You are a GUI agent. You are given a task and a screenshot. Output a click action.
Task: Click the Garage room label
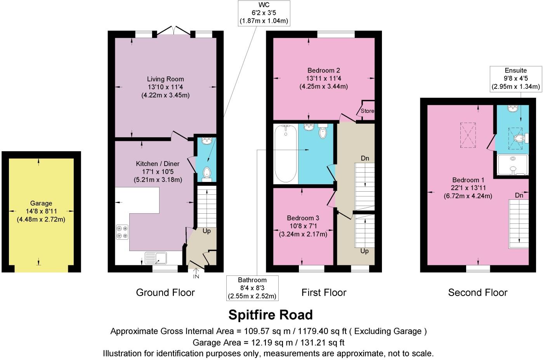pyautogui.click(x=41, y=203)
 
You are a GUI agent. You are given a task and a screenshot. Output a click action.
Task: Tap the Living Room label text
pyautogui.click(x=165, y=79)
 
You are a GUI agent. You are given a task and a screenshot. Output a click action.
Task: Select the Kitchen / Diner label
pyautogui.click(x=158, y=164)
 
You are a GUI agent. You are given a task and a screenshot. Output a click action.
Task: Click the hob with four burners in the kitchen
pyautogui.click(x=122, y=232)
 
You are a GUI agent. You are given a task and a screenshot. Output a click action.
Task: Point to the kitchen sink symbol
pyautogui.click(x=156, y=257)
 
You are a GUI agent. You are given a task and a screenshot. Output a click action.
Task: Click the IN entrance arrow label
pyautogui.click(x=196, y=277)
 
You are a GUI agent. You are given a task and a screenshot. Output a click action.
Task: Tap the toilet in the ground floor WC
pyautogui.click(x=207, y=173)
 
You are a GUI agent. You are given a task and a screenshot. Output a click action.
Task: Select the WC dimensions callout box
pyautogui.click(x=264, y=13)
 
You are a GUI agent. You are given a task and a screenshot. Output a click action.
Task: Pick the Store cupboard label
pyautogui.click(x=367, y=111)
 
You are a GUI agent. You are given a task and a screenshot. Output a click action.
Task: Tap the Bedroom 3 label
pyautogui.click(x=303, y=218)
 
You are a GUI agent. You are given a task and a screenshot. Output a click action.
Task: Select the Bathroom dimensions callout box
pyautogui.click(x=252, y=288)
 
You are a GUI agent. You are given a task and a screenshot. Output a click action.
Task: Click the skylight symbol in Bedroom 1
pyautogui.click(x=468, y=135)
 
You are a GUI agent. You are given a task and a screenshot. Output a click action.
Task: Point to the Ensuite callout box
pyautogui.click(x=516, y=79)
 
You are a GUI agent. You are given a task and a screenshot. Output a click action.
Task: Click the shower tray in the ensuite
pyautogui.click(x=513, y=164)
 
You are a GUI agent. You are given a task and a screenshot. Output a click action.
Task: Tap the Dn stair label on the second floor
pyautogui.click(x=519, y=195)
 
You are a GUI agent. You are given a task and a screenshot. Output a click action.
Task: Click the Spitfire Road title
pyautogui.click(x=271, y=315)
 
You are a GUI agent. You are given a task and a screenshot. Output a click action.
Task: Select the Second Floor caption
pyautogui.click(x=477, y=292)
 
